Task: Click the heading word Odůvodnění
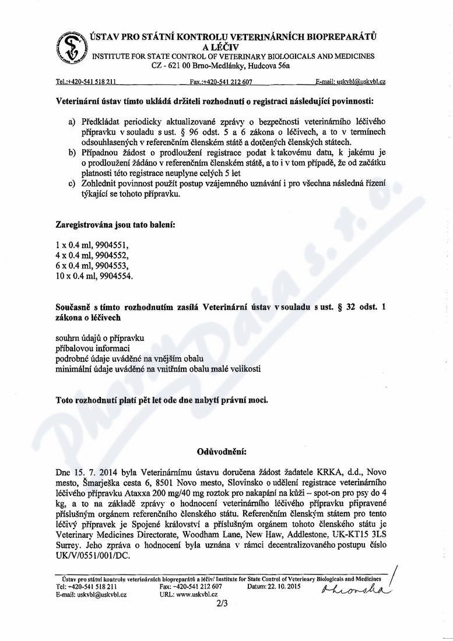pyautogui.click(x=224, y=450)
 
